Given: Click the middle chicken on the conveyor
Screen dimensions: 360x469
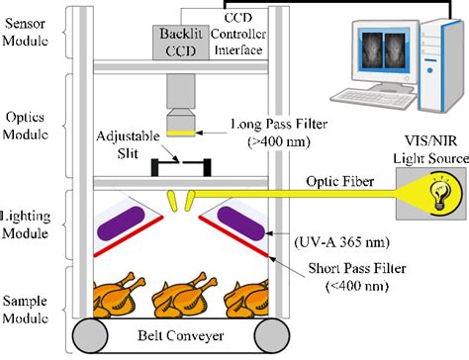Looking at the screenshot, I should [x=184, y=295].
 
